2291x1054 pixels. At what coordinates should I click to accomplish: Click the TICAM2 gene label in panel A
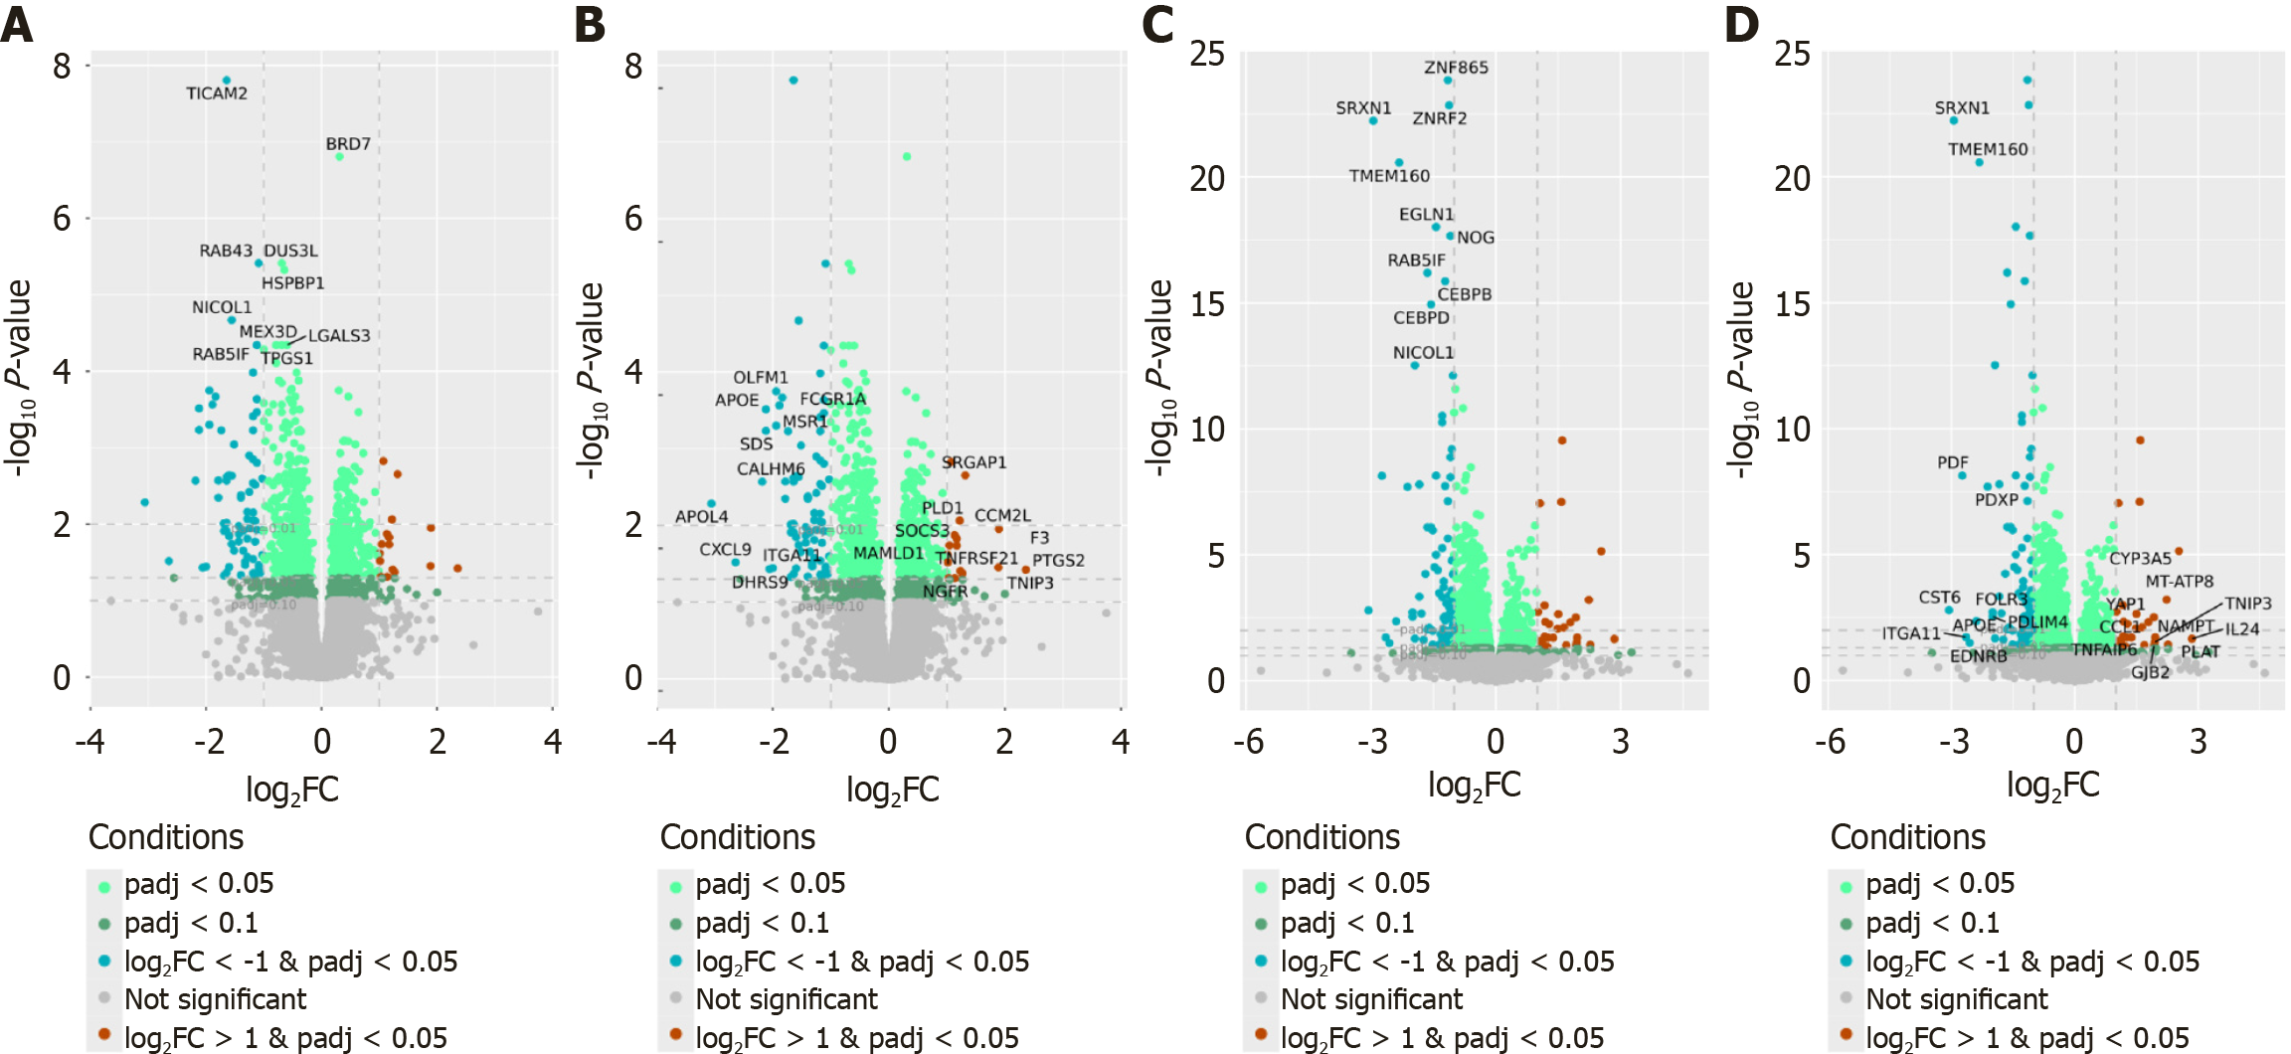(217, 93)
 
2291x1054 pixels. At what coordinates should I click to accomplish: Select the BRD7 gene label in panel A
(348, 144)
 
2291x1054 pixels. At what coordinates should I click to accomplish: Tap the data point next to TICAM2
(227, 81)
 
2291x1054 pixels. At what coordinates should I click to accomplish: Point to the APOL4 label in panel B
(701, 517)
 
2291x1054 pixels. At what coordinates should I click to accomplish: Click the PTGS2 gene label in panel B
(1058, 561)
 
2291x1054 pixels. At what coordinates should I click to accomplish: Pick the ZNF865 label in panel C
(1456, 68)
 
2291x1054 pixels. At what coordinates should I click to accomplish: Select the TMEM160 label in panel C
(1389, 176)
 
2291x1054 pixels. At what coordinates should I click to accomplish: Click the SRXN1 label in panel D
(1962, 107)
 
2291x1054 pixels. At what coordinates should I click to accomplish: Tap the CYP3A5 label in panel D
(2140, 559)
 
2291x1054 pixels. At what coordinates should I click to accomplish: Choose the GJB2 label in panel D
(2150, 673)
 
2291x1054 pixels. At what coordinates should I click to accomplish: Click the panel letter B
(590, 24)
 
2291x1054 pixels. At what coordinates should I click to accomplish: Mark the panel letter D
(1742, 24)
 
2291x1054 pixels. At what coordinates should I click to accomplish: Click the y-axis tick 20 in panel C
(1207, 179)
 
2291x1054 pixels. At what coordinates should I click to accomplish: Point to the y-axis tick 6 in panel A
(63, 219)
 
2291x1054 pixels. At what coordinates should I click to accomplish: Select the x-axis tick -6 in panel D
(1830, 742)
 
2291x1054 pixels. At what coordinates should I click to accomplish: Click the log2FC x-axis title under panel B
(892, 790)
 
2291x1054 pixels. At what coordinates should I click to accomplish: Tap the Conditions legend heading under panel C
(1322, 837)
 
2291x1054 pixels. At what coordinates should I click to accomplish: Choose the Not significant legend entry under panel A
(215, 999)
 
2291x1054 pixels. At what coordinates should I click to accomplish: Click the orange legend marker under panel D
(1847, 1035)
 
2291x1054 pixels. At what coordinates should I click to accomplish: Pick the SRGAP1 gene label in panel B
(974, 462)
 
